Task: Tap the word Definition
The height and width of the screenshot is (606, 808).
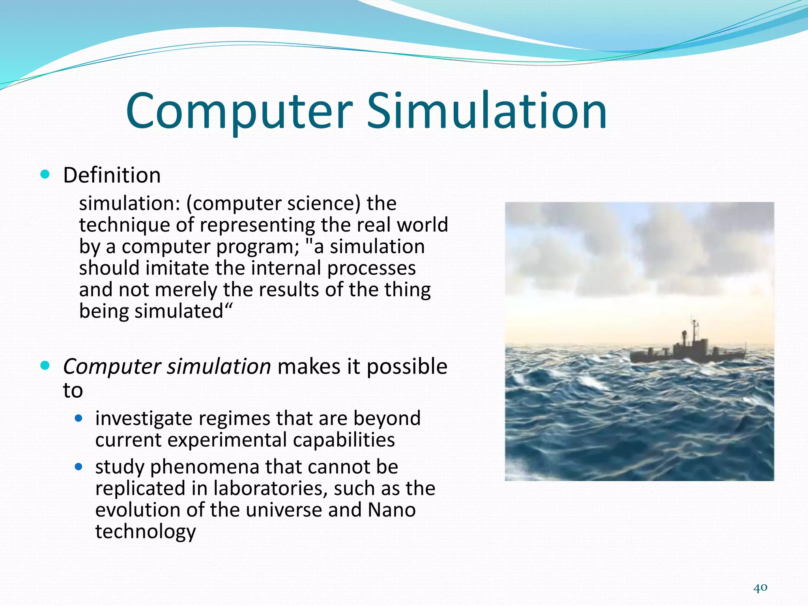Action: click(112, 175)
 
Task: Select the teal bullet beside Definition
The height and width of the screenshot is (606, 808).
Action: click(45, 174)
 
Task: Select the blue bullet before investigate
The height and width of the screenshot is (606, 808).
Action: click(79, 418)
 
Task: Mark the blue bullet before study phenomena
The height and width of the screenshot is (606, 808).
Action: click(79, 467)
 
